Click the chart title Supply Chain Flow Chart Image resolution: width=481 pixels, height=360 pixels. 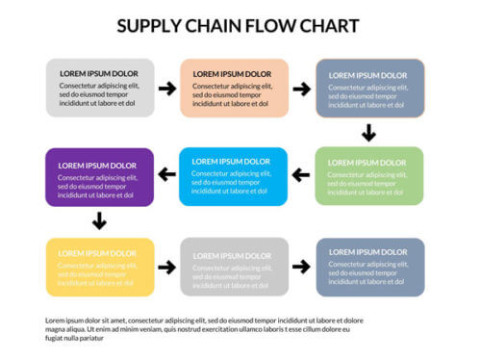pyautogui.click(x=238, y=25)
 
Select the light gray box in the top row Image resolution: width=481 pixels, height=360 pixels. pyautogui.click(x=100, y=88)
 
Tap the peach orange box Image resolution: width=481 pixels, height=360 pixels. pyautogui.click(x=234, y=88)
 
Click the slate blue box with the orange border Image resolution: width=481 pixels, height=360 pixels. pyautogui.click(x=370, y=89)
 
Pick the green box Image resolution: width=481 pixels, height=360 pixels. pyautogui.click(x=369, y=176)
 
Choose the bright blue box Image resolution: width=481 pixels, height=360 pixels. pyautogui.click(x=233, y=176)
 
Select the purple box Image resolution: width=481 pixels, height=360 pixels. pyautogui.click(x=99, y=177)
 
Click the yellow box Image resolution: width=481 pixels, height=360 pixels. pyautogui.click(x=100, y=267)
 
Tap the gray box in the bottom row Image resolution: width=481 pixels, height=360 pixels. pyautogui.click(x=234, y=267)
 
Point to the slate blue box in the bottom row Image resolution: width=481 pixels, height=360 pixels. pyautogui.click(x=370, y=267)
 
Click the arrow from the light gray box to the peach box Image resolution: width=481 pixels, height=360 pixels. pyautogui.click(x=167, y=89)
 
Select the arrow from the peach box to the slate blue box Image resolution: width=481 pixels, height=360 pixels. pyautogui.click(x=302, y=89)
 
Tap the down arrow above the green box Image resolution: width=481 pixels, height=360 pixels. pyautogui.click(x=368, y=133)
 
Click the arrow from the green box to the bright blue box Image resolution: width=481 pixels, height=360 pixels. pyautogui.click(x=301, y=175)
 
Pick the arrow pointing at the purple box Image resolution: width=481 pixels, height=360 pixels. pyautogui.click(x=166, y=174)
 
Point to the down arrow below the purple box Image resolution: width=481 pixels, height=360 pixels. pyautogui.click(x=99, y=221)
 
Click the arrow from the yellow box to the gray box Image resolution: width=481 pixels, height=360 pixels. pyautogui.click(x=167, y=267)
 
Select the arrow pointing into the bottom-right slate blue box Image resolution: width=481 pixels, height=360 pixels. pyautogui.click(x=302, y=267)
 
